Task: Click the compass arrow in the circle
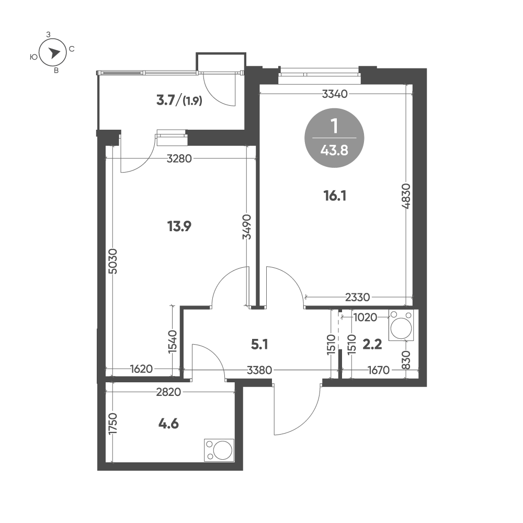coord(53,53)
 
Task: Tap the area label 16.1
coord(335,196)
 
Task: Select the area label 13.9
coord(179,226)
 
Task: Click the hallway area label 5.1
coord(259,345)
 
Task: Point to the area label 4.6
coord(168,424)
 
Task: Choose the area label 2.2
coord(372,344)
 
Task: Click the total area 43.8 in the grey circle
coord(334,151)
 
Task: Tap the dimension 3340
coord(335,94)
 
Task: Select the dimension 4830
coord(406,196)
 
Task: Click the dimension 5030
coord(113,261)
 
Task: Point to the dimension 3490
coord(247,227)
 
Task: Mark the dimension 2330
coord(358,297)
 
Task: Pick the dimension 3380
coord(259,370)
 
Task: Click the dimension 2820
coord(168,392)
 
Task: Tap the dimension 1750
coord(113,424)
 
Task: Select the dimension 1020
coord(365,317)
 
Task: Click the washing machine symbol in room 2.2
coord(401,325)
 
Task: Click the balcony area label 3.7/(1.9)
coord(179,100)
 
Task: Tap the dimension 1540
coord(173,342)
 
